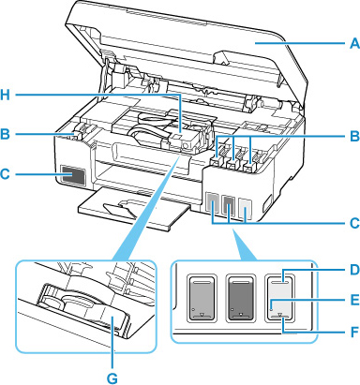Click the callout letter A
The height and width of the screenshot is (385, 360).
(354, 43)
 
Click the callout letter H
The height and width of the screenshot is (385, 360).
(5, 95)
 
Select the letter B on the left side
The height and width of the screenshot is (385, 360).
(5, 134)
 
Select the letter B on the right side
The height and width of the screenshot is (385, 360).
(354, 136)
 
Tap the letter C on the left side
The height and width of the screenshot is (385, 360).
(5, 173)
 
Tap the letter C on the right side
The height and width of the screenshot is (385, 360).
(354, 223)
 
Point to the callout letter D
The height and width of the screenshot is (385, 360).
(354, 270)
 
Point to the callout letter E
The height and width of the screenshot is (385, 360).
(355, 300)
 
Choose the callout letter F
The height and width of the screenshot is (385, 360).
(355, 332)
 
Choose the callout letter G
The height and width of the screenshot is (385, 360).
(112, 378)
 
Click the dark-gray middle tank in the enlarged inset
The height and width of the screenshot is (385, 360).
(240, 298)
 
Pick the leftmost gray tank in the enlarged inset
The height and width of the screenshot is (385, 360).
(202, 298)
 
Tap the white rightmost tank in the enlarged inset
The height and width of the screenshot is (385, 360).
(279, 298)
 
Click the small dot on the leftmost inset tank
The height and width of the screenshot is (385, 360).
(192, 309)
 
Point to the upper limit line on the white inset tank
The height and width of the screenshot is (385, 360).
(279, 281)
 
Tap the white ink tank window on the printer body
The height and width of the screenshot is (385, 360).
(245, 209)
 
